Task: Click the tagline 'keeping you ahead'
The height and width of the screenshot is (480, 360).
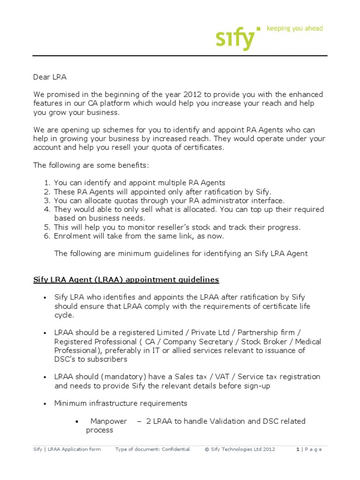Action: coord(294,29)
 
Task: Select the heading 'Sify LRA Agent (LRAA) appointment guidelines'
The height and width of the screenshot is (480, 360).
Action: coord(126,280)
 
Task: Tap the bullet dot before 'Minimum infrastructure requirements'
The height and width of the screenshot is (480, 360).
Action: coord(45,404)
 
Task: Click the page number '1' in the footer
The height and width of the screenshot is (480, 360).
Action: coord(298,450)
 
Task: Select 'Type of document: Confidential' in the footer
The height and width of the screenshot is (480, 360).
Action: coord(152,450)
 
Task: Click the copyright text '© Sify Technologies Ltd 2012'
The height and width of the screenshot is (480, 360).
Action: coord(240,450)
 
